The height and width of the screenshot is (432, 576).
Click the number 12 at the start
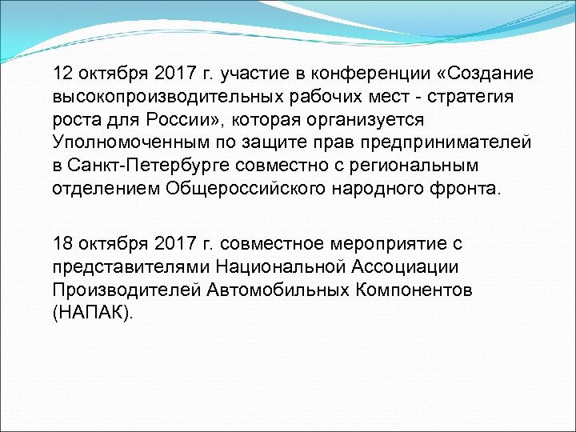coord(63,74)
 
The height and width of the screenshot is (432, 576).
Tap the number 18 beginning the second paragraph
coord(63,242)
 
